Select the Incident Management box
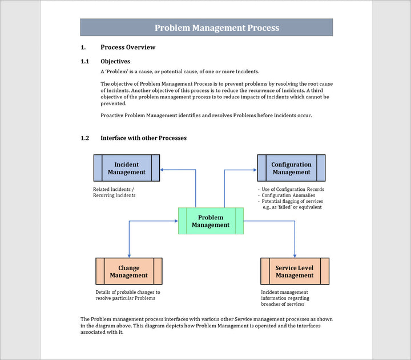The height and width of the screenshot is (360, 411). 127,168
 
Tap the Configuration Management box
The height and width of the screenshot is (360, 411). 291,168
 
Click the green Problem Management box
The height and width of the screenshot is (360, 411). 211,221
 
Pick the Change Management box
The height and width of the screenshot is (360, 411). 128,271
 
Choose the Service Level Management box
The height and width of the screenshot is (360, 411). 295,271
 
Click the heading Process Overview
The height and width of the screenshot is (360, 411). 128,47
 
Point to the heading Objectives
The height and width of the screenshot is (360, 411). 115,61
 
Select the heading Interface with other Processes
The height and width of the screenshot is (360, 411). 143,138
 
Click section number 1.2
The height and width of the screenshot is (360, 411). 85,138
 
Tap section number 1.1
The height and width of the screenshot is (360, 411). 85,61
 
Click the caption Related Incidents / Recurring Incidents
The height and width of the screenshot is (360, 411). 114,192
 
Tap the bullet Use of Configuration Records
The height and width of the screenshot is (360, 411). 292,189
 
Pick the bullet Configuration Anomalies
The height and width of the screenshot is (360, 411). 288,195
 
